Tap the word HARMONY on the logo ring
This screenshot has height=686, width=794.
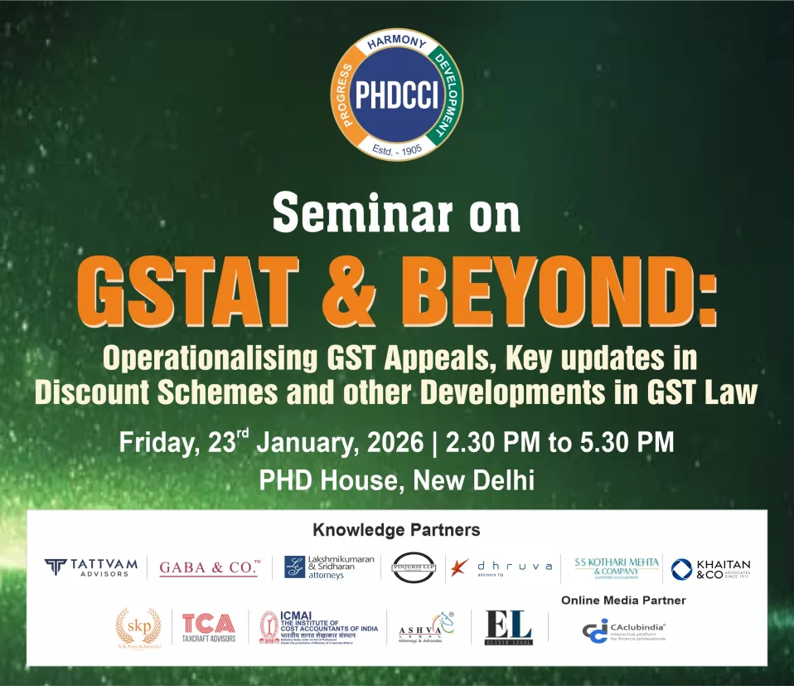coord(397,42)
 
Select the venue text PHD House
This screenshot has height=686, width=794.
coord(318,480)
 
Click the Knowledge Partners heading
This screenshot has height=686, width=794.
coord(396,529)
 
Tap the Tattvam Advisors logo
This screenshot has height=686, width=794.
coord(91,567)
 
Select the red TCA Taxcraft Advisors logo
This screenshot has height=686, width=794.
coord(209,627)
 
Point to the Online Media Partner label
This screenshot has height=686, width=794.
coord(623,600)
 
